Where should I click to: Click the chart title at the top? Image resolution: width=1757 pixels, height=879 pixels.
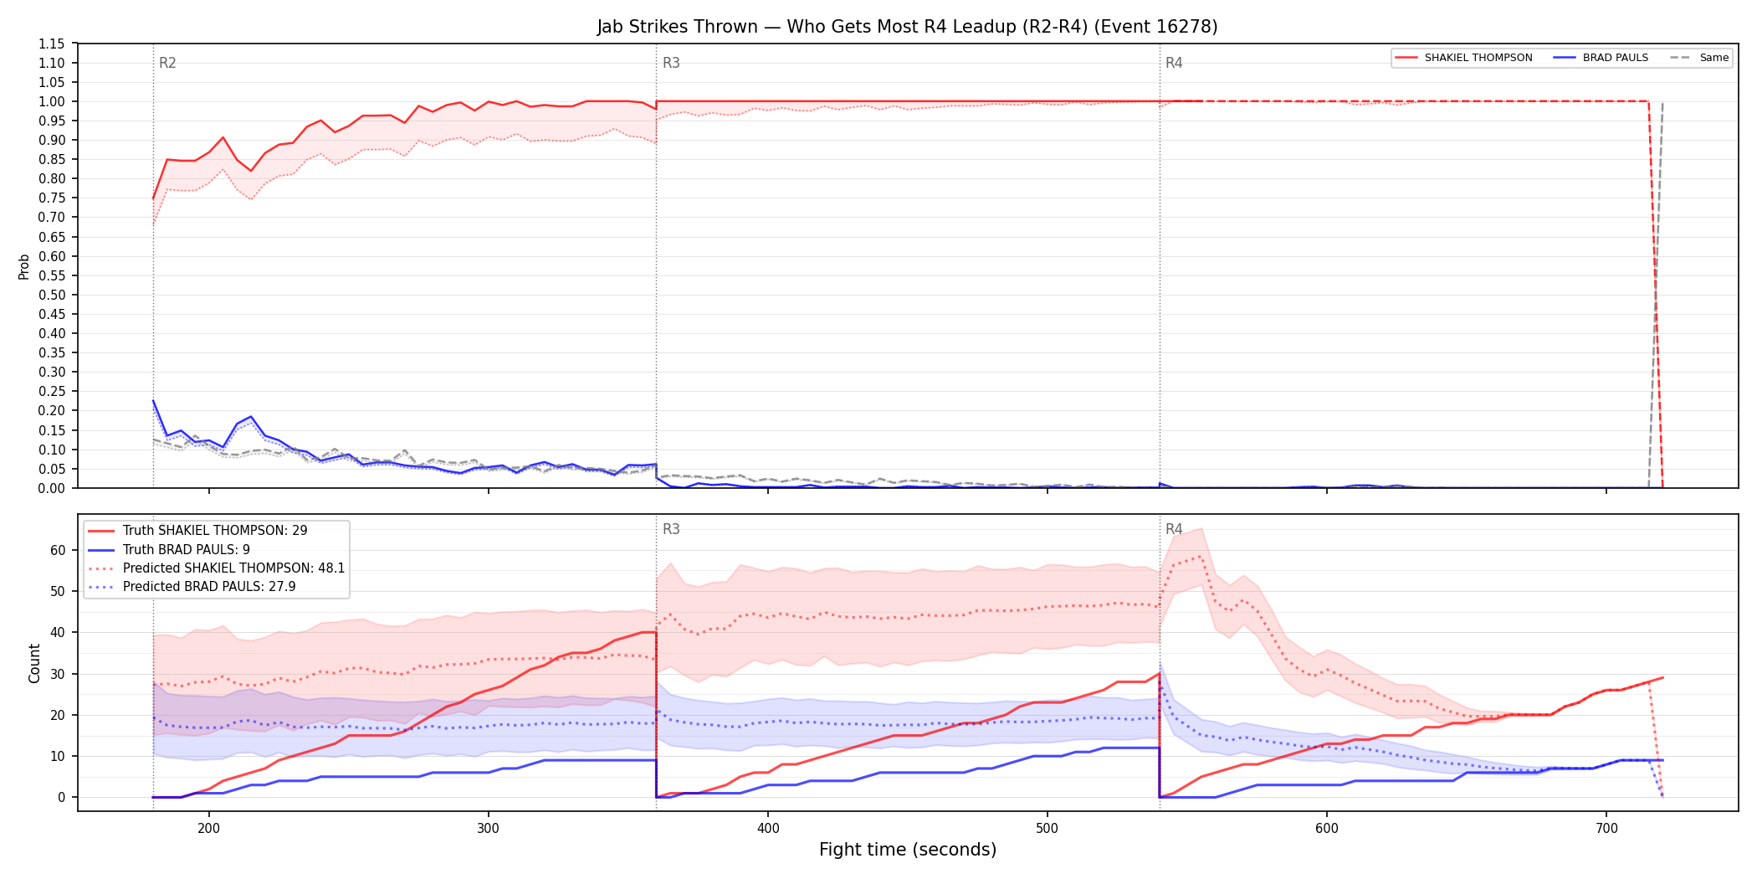(x=907, y=27)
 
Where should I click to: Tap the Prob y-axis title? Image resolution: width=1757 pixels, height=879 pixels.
(x=23, y=266)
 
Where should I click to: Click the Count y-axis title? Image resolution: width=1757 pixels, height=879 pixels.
(x=34, y=663)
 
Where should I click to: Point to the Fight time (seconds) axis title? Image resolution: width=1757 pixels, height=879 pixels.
(x=908, y=850)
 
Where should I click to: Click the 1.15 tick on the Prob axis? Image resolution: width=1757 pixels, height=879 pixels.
(x=52, y=44)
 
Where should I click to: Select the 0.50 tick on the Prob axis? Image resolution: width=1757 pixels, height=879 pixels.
(x=52, y=295)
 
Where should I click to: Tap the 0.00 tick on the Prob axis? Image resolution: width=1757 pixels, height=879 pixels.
(x=52, y=488)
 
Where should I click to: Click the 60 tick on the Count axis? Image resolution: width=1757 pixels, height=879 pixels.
(x=58, y=550)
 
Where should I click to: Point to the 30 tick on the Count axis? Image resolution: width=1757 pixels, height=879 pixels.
(x=58, y=674)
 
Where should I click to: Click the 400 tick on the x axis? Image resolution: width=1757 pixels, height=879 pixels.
(x=768, y=829)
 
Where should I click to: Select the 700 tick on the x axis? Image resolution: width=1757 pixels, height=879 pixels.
(x=1606, y=829)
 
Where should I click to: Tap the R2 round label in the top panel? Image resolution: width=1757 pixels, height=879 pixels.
(x=167, y=63)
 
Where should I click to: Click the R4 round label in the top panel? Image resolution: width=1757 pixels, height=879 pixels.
(x=1174, y=63)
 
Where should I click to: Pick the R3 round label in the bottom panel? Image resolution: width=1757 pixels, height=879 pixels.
(x=671, y=529)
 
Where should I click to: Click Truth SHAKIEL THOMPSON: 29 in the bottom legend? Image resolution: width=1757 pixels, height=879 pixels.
(x=215, y=531)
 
